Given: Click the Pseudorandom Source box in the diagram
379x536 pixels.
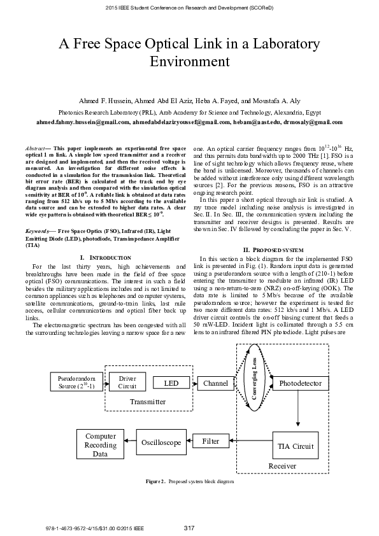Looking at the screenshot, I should coord(72,382).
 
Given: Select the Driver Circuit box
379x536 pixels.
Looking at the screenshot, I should coord(127,382).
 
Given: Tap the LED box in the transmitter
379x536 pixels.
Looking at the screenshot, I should coord(171,383).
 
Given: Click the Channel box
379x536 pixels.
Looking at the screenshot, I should coord(216,383).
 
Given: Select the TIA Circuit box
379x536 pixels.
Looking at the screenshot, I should coord(296,446).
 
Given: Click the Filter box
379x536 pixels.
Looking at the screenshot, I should coord(211,441).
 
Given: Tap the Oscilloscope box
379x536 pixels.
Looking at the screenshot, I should coord(161,442).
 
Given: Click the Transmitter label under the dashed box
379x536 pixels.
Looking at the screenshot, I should coord(148,402).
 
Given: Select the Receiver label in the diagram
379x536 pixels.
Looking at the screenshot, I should coord(282,467).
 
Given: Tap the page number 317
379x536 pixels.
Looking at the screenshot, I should coord(189,528).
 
